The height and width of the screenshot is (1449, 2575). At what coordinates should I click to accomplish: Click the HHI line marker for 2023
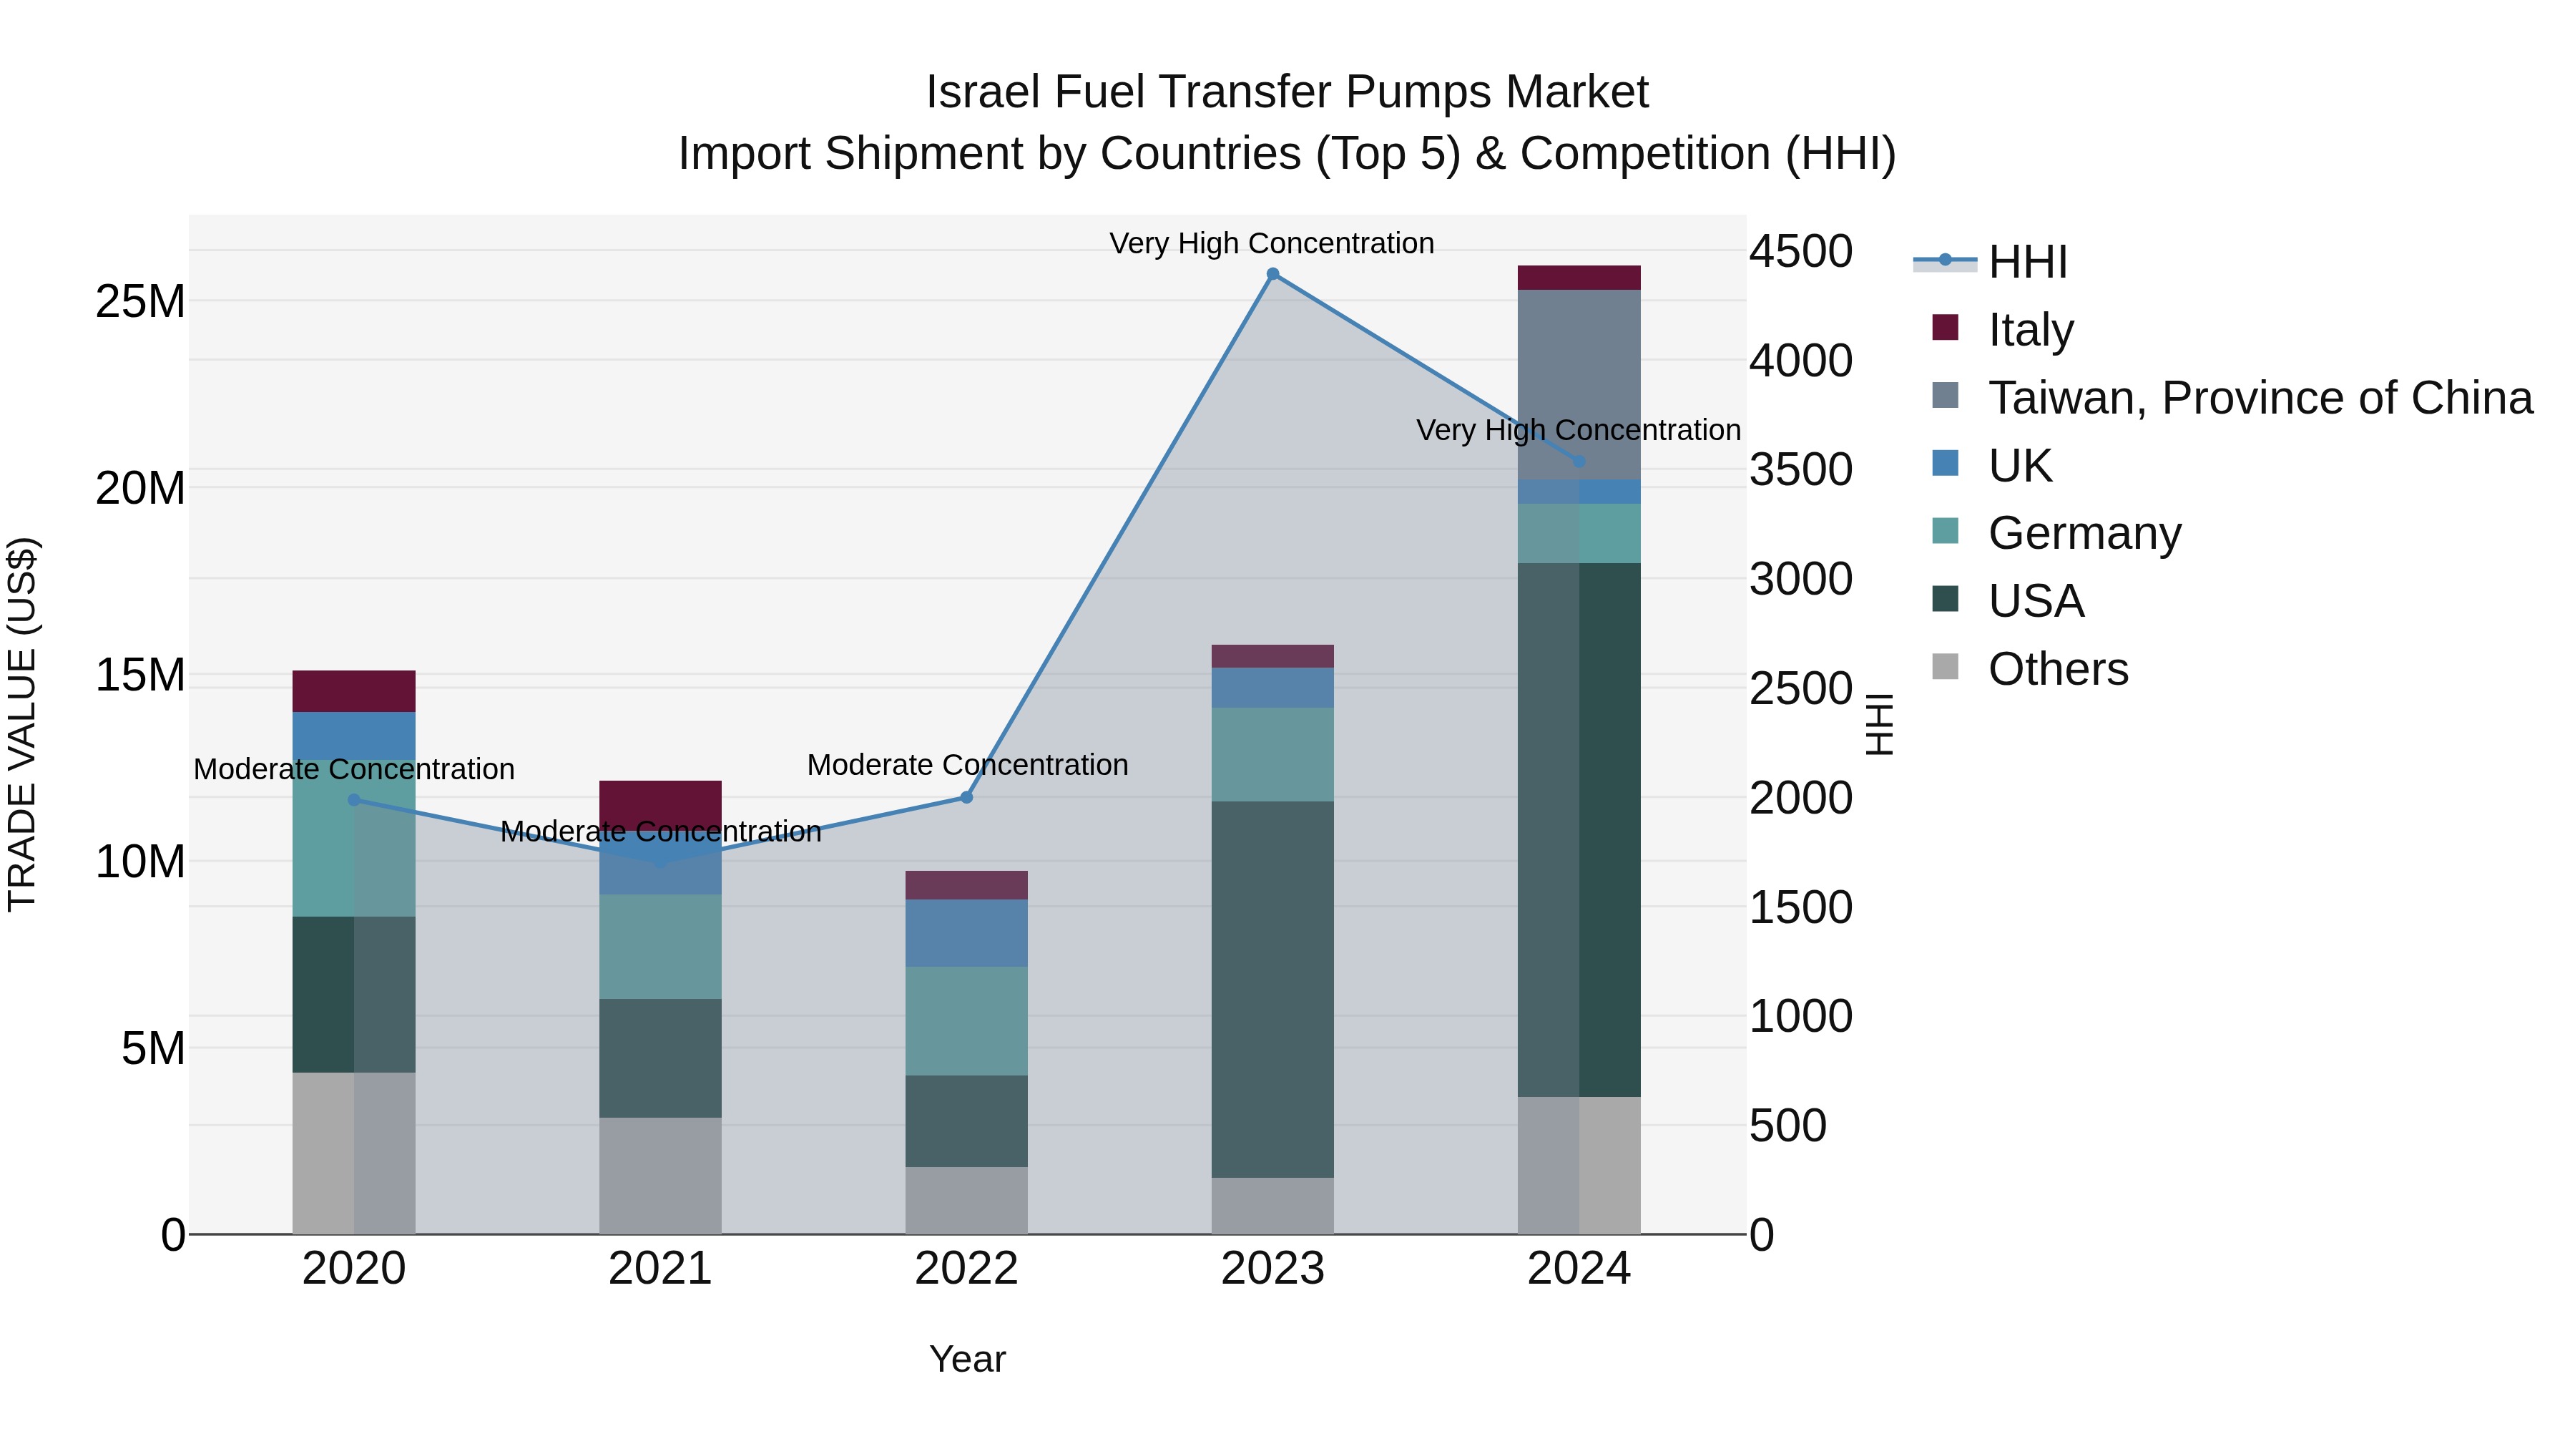click(1272, 274)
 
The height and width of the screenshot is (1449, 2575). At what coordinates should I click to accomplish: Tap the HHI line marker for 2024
click(1579, 462)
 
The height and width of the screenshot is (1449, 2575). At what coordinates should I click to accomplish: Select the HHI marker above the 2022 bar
click(966, 798)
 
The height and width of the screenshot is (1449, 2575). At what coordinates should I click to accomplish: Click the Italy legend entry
click(2030, 329)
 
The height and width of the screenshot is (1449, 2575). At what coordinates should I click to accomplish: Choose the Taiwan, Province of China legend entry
click(2259, 397)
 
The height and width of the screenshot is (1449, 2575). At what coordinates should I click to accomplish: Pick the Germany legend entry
click(2084, 533)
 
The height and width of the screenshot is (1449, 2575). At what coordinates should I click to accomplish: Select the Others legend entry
click(2057, 669)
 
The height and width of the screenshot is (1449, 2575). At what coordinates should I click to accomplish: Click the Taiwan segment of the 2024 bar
click(1579, 385)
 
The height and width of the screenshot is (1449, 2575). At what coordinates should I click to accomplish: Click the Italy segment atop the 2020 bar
click(354, 691)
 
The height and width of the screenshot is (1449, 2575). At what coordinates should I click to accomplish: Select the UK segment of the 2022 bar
click(966, 933)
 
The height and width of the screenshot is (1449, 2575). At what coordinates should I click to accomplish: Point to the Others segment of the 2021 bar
click(659, 1175)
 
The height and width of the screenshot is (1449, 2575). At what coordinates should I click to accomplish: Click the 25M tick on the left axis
click(141, 301)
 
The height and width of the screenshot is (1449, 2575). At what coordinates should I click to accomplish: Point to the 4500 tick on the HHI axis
click(1800, 251)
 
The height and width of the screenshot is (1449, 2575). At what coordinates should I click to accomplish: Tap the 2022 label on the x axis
click(966, 1269)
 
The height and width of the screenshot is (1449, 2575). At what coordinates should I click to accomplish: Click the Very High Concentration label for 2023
click(1272, 243)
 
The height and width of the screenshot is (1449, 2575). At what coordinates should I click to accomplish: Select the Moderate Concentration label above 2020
click(354, 769)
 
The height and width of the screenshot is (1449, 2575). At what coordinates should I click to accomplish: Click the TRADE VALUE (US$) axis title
click(23, 724)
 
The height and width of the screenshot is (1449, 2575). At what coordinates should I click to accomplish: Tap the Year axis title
click(966, 1359)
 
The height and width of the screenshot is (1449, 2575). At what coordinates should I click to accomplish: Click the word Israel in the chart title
click(981, 92)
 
